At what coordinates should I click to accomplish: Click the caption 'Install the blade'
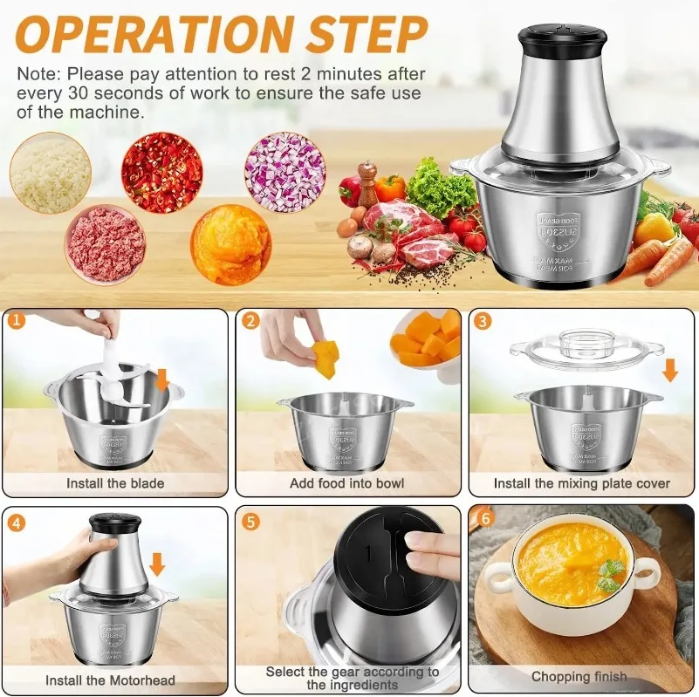click(x=115, y=482)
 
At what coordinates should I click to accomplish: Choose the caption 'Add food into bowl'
click(x=346, y=482)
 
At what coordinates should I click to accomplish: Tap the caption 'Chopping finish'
click(x=579, y=676)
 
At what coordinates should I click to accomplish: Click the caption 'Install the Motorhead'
click(x=110, y=680)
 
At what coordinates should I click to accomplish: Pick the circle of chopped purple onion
click(x=284, y=172)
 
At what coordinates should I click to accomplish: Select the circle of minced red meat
click(x=106, y=243)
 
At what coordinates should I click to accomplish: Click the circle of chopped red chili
click(x=161, y=172)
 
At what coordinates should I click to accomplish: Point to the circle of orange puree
click(x=230, y=244)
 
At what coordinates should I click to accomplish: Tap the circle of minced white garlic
click(x=50, y=172)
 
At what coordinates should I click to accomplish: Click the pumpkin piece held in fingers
click(x=324, y=357)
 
